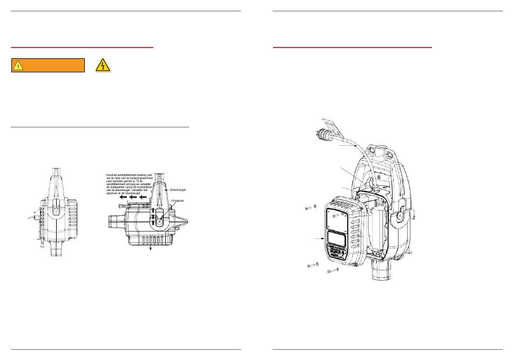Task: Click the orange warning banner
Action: pos(48,65)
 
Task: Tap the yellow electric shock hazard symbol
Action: pos(102,65)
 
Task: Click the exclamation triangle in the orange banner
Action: pos(19,66)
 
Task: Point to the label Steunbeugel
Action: pos(179,190)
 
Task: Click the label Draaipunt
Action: pos(178,201)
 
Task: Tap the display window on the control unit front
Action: pos(337,237)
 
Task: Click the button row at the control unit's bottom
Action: pos(336,253)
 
